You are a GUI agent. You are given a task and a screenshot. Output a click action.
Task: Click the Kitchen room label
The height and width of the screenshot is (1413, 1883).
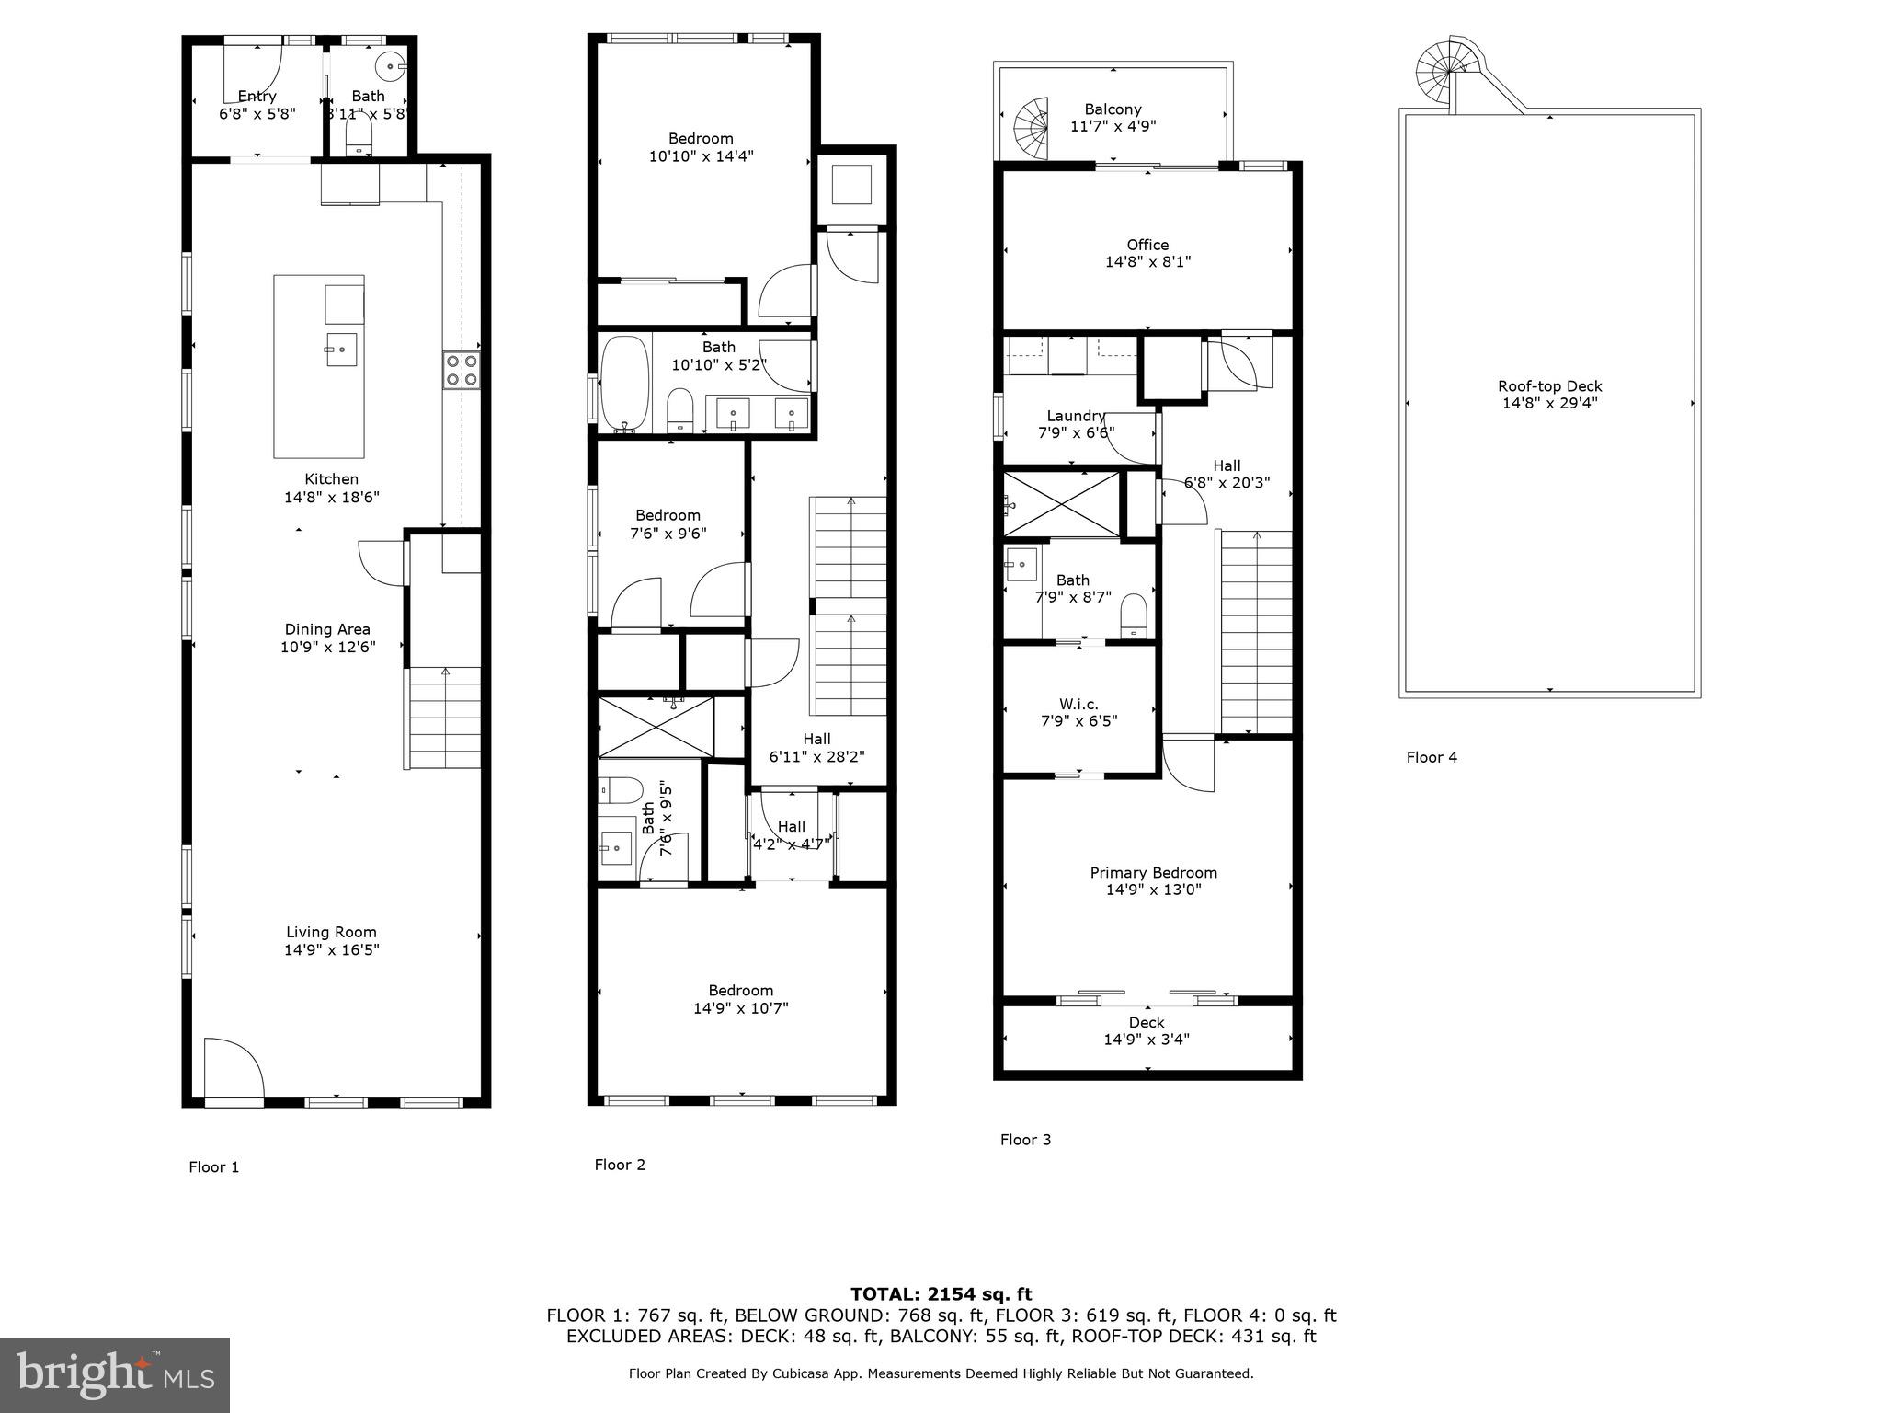tap(331, 479)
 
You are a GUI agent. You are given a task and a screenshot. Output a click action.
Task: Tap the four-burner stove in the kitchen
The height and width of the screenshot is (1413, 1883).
tap(461, 371)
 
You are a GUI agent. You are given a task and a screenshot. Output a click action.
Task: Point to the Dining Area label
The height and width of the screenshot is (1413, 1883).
tap(327, 629)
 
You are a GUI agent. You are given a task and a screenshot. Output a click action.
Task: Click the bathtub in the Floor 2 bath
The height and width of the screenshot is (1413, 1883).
tap(624, 384)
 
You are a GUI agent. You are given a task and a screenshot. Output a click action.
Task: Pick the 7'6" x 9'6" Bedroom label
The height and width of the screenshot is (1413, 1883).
tap(668, 515)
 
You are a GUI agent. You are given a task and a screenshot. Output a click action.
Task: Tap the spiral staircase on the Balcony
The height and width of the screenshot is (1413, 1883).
tap(1032, 128)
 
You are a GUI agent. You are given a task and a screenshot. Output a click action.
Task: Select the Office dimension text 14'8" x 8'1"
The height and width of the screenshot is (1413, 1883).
tap(1147, 262)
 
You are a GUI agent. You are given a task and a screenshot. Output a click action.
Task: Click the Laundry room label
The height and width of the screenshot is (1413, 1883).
tap(1076, 416)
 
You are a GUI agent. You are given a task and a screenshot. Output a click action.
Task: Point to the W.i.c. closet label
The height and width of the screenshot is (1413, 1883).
tap(1078, 704)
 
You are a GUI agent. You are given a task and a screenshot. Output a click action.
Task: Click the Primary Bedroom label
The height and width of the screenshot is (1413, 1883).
tap(1153, 873)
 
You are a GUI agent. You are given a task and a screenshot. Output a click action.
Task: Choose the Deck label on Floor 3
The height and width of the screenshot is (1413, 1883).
tap(1147, 1022)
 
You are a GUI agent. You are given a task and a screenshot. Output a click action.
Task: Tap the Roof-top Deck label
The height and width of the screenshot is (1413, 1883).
tap(1549, 386)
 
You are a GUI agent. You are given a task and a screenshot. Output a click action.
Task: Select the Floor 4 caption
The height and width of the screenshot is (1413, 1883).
tap(1432, 757)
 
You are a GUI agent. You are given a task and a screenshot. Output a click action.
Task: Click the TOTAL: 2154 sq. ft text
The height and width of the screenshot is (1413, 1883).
tap(941, 1294)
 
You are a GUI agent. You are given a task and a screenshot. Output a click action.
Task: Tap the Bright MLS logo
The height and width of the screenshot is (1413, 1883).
tap(115, 1374)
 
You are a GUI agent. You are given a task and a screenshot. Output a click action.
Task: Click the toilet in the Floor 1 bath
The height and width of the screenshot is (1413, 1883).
tap(359, 140)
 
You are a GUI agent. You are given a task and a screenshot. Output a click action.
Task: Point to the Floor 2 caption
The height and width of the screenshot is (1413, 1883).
tap(620, 1165)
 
